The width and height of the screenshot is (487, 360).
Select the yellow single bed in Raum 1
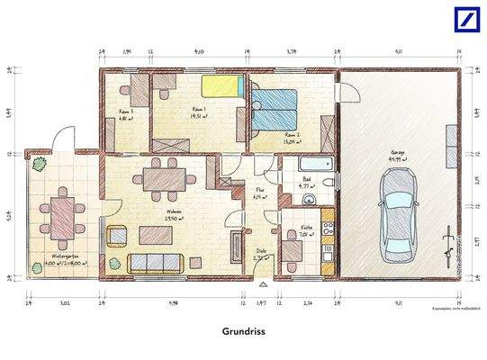click(x=221, y=86)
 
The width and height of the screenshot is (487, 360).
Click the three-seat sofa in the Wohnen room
click(x=156, y=263)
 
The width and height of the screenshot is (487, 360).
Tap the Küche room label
click(x=307, y=228)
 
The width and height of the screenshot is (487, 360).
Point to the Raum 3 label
click(x=126, y=112)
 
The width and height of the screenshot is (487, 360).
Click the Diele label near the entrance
click(x=261, y=251)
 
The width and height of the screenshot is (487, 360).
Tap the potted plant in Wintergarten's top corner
click(x=39, y=164)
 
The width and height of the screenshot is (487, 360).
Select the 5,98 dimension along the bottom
click(x=172, y=304)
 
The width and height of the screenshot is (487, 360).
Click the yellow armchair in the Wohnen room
click(x=117, y=236)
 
